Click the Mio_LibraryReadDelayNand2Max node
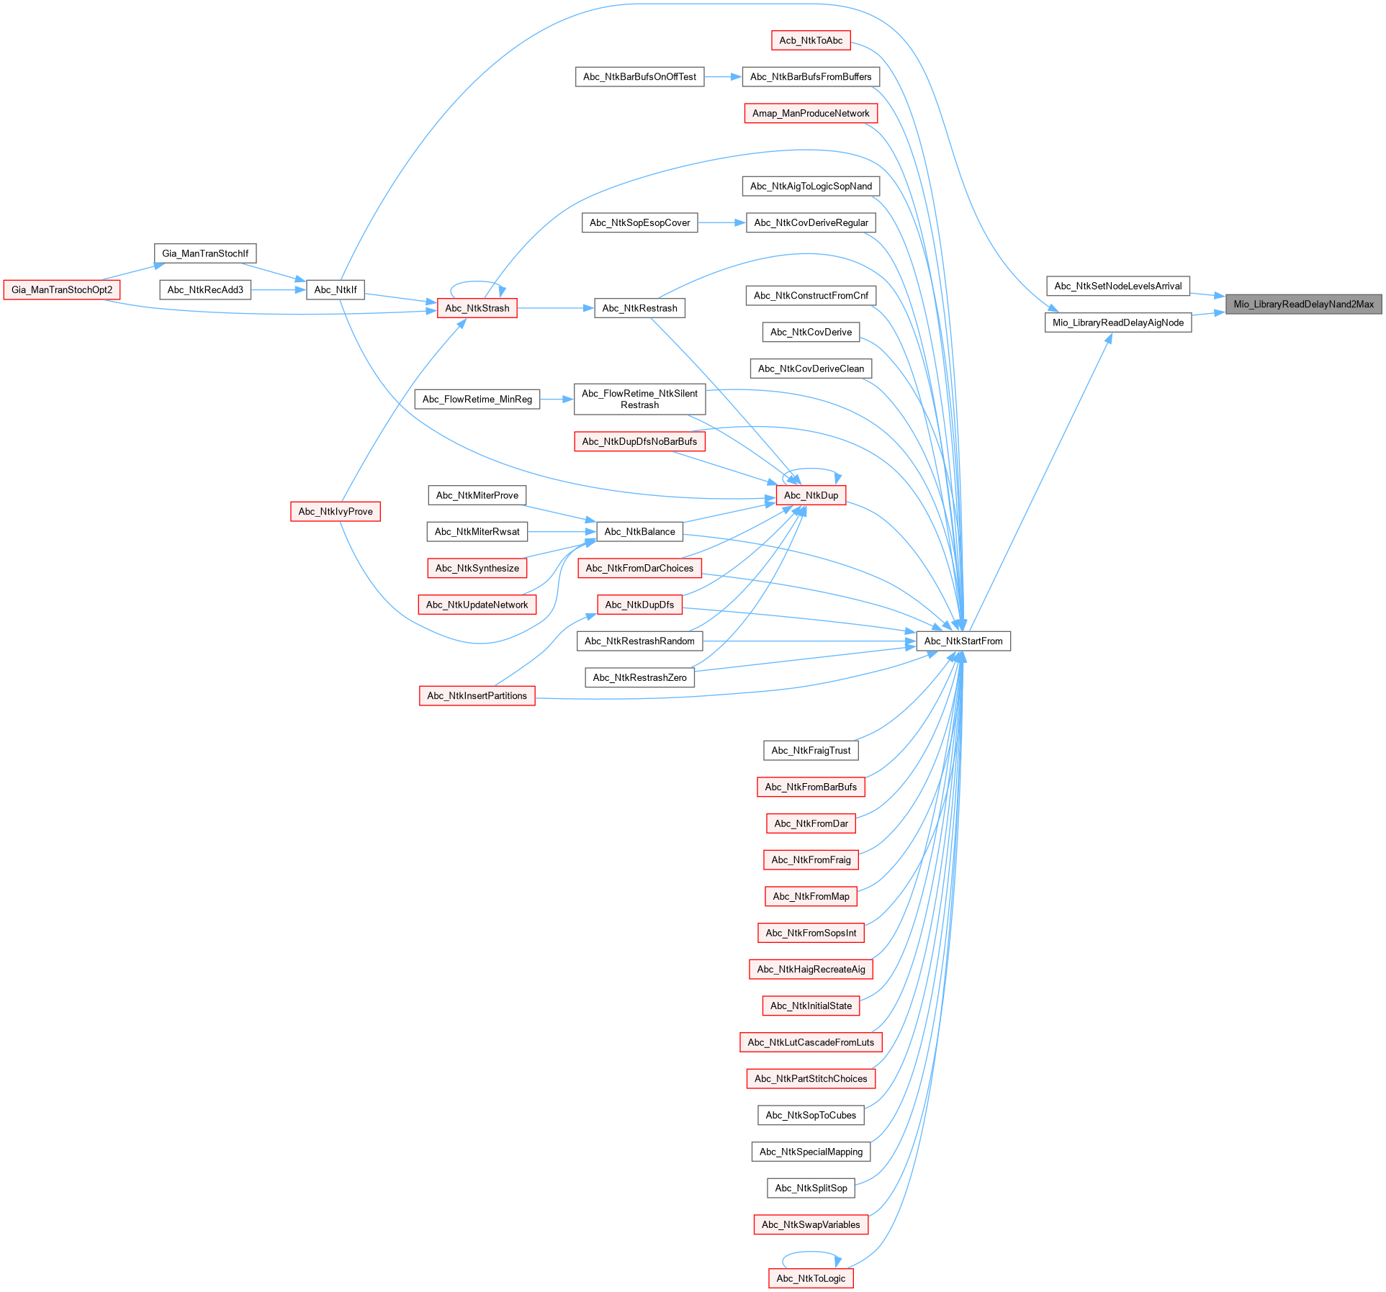(1303, 304)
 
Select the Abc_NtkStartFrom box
(963, 641)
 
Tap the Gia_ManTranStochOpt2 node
(62, 290)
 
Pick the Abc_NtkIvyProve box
(336, 511)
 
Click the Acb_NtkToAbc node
(810, 40)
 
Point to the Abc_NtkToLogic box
(810, 1278)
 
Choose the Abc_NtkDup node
(811, 495)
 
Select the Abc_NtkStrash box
(477, 308)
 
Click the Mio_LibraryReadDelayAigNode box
(1117, 322)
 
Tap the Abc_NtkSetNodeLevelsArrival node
(1117, 286)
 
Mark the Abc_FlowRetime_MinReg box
(477, 399)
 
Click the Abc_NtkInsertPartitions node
(477, 695)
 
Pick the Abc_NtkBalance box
(639, 531)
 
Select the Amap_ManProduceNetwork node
(810, 113)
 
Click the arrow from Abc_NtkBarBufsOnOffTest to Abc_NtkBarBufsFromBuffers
(723, 76)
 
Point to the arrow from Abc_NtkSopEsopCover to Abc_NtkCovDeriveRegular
(721, 222)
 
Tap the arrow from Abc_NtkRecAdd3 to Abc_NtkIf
(278, 290)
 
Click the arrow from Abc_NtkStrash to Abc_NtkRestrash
(555, 308)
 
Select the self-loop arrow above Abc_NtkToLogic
(810, 1253)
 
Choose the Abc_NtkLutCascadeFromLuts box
(810, 1042)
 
